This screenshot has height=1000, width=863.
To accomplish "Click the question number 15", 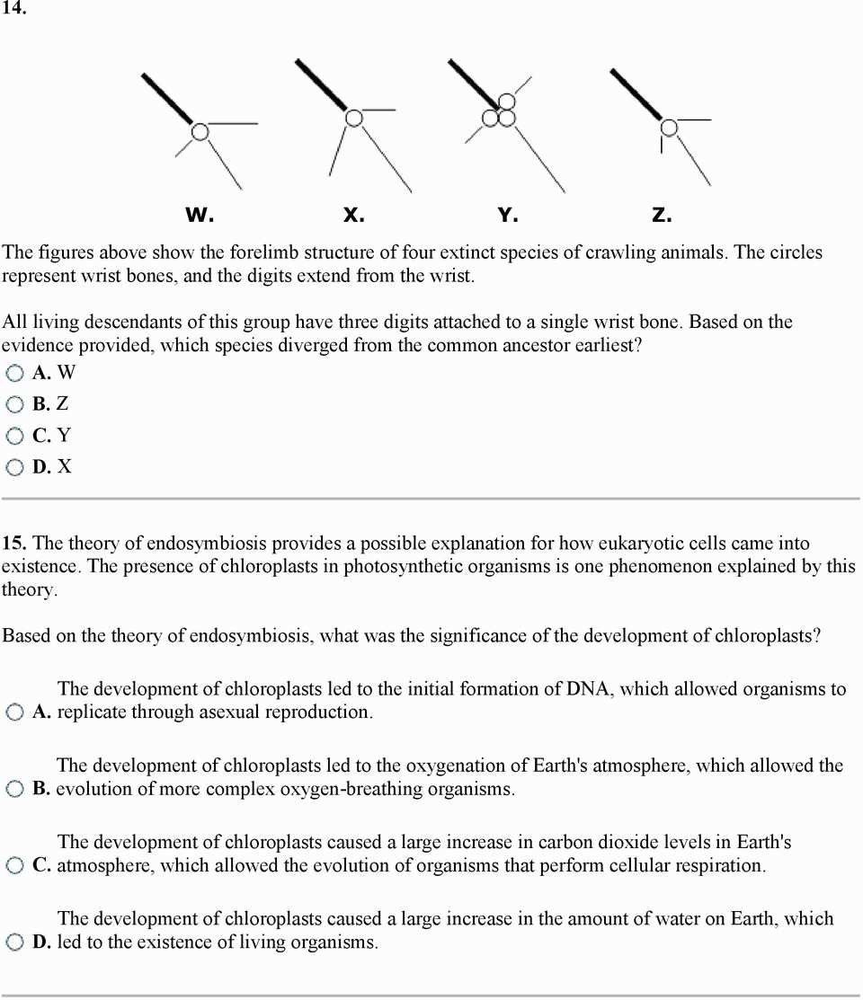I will pos(14,544).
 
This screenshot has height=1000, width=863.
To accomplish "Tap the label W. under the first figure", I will pos(200,216).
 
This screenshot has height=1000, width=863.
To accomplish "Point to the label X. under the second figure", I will pos(353,216).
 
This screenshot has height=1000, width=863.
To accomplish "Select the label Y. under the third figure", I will pos(508,216).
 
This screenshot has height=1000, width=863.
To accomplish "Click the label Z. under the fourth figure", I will pos(662,216).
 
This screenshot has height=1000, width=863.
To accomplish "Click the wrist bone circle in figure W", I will pos(200,132).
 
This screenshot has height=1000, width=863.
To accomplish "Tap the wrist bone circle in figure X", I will pos(354,118).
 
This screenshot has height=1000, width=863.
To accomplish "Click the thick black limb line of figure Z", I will pos(636,93).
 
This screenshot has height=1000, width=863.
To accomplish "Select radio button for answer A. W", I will pos(14,374).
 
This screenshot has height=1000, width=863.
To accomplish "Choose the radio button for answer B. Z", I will pos(14,405).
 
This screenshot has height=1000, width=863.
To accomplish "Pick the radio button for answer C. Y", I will pos(14,437).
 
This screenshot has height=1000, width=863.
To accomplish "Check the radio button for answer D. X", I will pos(14,467).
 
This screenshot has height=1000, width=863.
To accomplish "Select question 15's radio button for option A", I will pos(14,713).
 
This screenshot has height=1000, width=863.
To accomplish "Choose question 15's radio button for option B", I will pos(14,790).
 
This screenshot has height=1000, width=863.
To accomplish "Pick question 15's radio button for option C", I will pos(14,866).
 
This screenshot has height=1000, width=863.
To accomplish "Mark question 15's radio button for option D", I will pos(14,943).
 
